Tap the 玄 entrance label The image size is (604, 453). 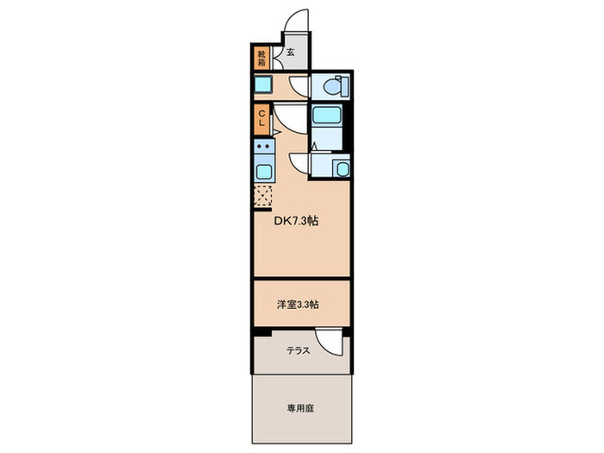pyautogui.click(x=290, y=53)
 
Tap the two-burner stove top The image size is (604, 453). pyautogui.click(x=262, y=148)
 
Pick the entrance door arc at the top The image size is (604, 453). pyautogui.click(x=299, y=23)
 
